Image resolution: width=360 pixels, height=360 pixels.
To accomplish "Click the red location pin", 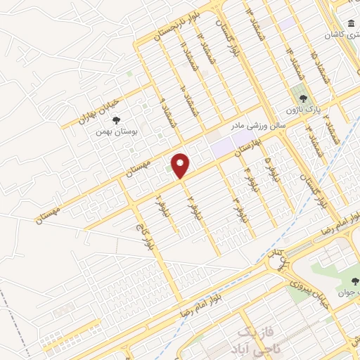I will (x=181, y=165).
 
